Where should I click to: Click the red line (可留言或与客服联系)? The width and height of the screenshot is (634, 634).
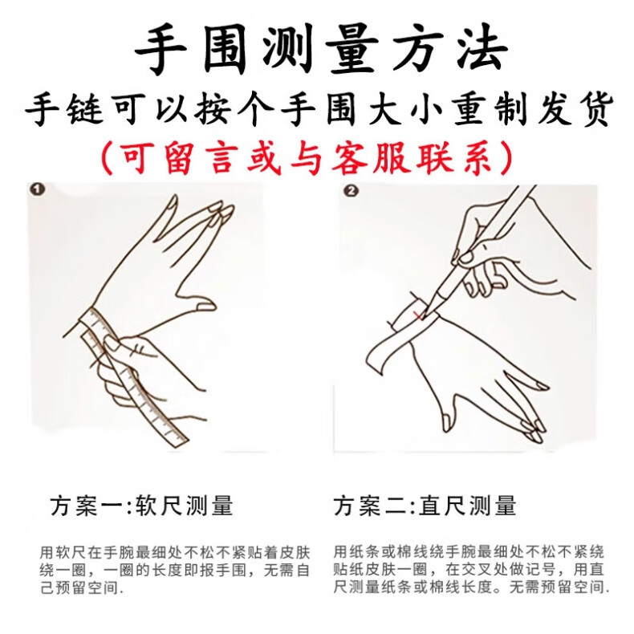(307, 157)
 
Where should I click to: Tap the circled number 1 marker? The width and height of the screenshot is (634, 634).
(38, 189)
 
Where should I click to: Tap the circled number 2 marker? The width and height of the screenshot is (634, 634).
(350, 191)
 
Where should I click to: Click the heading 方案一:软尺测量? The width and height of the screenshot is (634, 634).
(142, 506)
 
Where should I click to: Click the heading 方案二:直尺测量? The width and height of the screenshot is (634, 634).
(425, 506)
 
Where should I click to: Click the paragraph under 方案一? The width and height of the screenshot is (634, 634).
(175, 570)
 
